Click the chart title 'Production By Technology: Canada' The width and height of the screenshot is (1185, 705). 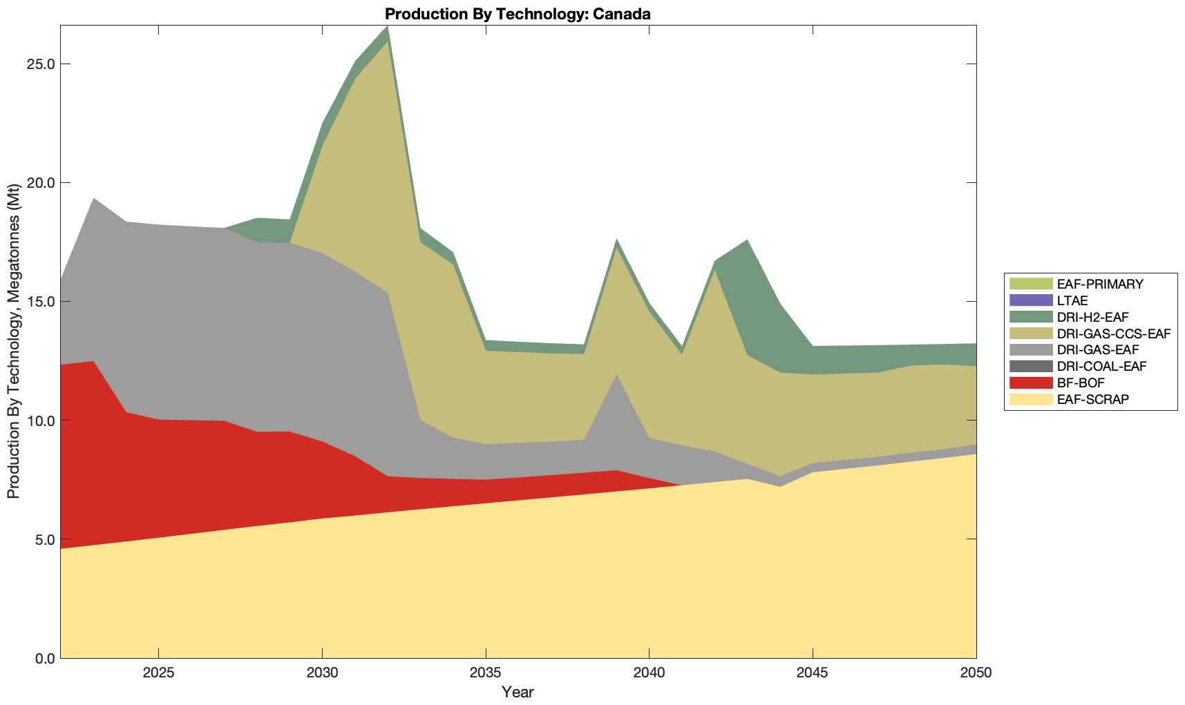[x=518, y=14]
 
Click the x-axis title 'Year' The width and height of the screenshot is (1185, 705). [x=518, y=692]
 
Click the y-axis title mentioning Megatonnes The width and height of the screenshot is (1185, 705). [x=14, y=341]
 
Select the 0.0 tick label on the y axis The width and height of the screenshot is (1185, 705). [x=46, y=658]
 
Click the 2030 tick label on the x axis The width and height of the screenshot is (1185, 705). [x=322, y=673]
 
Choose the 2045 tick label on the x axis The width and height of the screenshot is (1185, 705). [x=813, y=673]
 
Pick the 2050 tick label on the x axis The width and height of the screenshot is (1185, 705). [x=976, y=673]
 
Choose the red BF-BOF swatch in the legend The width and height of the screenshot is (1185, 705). [x=1030, y=383]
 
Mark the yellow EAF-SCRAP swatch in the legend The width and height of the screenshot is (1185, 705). [x=1030, y=399]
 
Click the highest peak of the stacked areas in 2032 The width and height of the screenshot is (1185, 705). [x=388, y=26]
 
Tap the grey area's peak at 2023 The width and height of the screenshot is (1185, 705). [x=93, y=199]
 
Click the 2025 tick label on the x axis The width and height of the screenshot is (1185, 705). [x=158, y=673]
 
